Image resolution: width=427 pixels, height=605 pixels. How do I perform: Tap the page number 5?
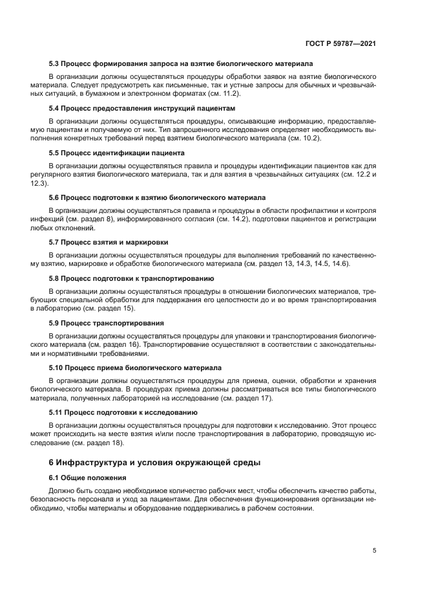click(375, 551)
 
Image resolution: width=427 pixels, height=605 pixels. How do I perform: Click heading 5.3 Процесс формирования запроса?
click(181, 63)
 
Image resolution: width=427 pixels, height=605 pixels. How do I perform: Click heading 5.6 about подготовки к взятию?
click(157, 197)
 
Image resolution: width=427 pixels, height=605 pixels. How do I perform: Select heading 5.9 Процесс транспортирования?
click(107, 322)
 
